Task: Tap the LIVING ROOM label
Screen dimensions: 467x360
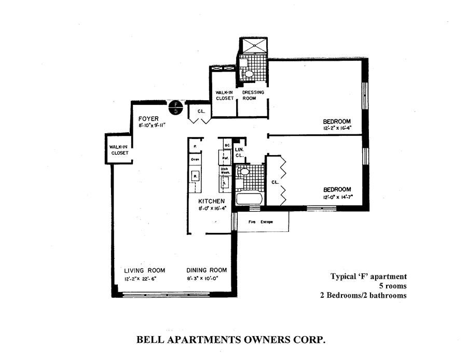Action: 144,270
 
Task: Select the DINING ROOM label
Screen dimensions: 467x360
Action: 207,270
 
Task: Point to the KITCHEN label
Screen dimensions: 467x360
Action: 212,201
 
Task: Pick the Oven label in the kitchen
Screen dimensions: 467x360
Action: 195,159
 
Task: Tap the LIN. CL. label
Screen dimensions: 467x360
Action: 239,152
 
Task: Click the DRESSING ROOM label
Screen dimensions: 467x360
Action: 254,95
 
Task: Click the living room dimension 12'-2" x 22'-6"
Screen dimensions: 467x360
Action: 140,279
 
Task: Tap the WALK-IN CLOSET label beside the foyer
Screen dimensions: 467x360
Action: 119,150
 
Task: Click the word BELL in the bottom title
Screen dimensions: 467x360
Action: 150,340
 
